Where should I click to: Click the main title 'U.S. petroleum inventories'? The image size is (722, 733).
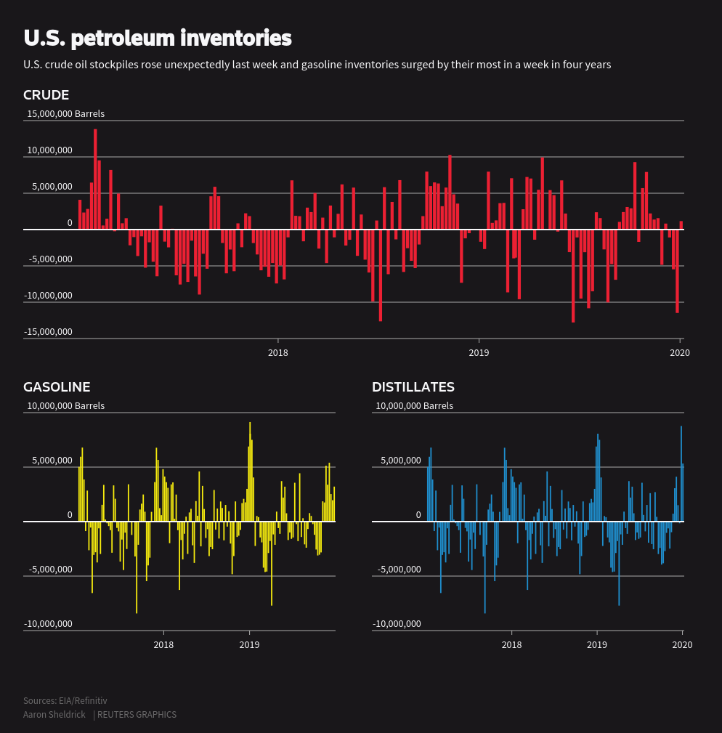pos(157,38)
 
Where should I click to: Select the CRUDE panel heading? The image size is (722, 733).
pos(46,95)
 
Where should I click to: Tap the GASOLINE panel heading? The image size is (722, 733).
pos(57,387)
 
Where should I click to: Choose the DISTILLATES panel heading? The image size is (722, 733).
pos(413,387)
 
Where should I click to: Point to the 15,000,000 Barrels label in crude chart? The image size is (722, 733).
pos(65,114)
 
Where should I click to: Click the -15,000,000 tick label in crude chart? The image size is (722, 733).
pos(48,332)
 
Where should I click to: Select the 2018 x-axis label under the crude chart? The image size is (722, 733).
pos(278,353)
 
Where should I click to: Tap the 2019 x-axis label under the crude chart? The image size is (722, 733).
pos(479,353)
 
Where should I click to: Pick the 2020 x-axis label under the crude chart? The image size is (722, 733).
pos(679,353)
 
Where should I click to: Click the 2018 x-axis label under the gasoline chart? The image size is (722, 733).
pos(163,645)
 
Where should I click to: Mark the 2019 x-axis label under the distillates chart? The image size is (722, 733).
pos(597,645)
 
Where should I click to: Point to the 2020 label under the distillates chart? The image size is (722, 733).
pos(682,645)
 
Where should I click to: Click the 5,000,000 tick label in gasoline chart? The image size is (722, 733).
pos(50,461)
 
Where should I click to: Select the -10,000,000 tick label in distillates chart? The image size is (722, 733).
pos(397,624)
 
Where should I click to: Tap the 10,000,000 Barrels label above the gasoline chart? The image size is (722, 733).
pos(65,406)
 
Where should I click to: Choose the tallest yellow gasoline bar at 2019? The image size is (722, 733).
pos(250,471)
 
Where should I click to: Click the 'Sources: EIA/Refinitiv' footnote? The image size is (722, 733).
pos(65,701)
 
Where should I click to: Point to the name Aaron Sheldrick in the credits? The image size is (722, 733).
pos(54,715)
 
